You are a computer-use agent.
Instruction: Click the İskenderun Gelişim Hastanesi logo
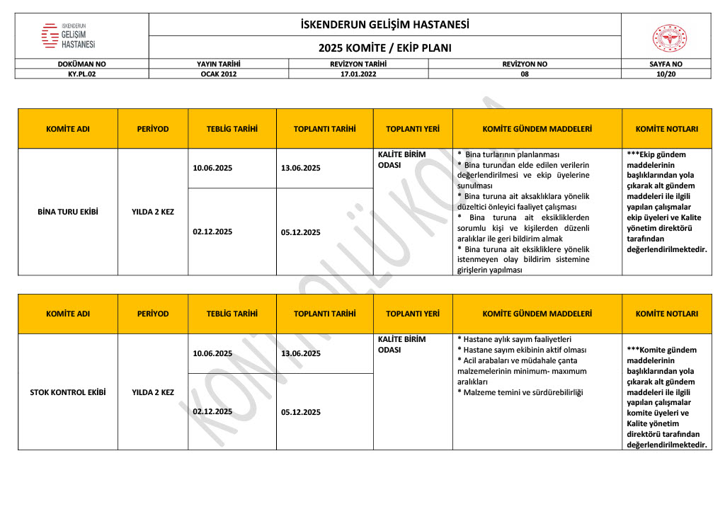click(69, 35)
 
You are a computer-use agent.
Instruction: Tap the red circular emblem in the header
click(668, 38)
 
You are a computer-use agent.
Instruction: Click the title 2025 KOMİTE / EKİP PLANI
click(384, 48)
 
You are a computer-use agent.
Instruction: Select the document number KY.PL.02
click(81, 73)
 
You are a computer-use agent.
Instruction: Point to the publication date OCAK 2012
click(219, 73)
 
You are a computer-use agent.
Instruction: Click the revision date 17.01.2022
click(358, 73)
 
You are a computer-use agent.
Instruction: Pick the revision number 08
click(524, 73)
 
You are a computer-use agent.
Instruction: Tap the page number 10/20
click(666, 73)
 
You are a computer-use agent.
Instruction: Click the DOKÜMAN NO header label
click(81, 64)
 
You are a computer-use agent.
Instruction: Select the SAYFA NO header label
click(666, 64)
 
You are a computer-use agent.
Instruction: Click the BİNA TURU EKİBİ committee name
click(67, 211)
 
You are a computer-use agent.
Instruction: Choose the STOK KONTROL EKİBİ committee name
click(67, 392)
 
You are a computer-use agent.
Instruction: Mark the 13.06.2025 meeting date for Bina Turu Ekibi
click(301, 168)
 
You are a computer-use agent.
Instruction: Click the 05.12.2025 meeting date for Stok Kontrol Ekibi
click(301, 411)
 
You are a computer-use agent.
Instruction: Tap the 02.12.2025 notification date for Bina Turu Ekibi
click(212, 231)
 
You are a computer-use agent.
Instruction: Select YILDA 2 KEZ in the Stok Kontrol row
click(152, 392)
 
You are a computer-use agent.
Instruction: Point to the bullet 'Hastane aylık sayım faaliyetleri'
click(514, 339)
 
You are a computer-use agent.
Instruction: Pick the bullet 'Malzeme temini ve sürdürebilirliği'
click(520, 392)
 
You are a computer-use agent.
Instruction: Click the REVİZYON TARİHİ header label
click(358, 64)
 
